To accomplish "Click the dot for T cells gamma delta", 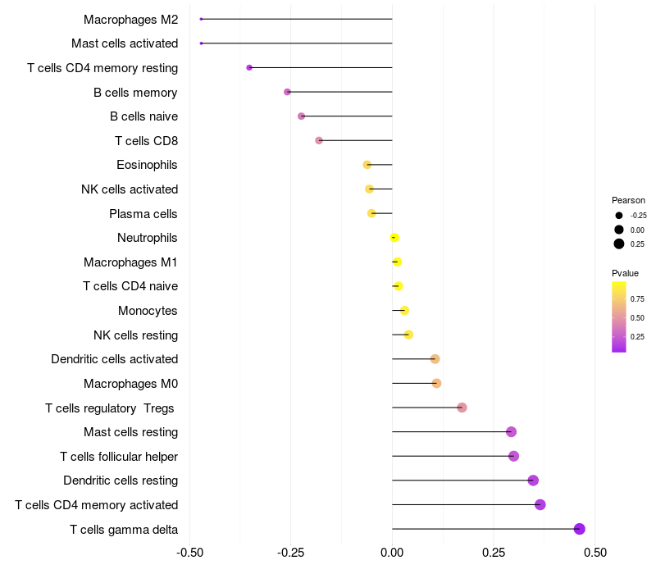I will (580, 529).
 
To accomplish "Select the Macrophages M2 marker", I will (201, 19).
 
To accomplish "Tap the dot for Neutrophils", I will (394, 238).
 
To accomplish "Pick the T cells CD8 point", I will (319, 140).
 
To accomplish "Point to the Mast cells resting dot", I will (511, 432).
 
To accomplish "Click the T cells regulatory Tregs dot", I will (462, 408).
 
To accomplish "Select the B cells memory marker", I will (287, 92).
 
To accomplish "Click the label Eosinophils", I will (147, 165).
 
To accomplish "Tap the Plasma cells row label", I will (143, 214).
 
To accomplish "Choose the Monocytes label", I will (148, 311).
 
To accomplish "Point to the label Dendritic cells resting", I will (121, 481).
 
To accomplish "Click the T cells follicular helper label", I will (119, 456).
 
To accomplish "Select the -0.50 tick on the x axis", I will (189, 553).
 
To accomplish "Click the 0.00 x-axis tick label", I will (392, 553).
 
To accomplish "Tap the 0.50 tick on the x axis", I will (595, 553).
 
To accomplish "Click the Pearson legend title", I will (628, 200).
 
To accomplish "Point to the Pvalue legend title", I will (625, 273).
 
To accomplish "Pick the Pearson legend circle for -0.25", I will (618, 216).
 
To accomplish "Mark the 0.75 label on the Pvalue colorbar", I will (637, 298).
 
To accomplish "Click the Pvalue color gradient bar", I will (619, 317).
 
